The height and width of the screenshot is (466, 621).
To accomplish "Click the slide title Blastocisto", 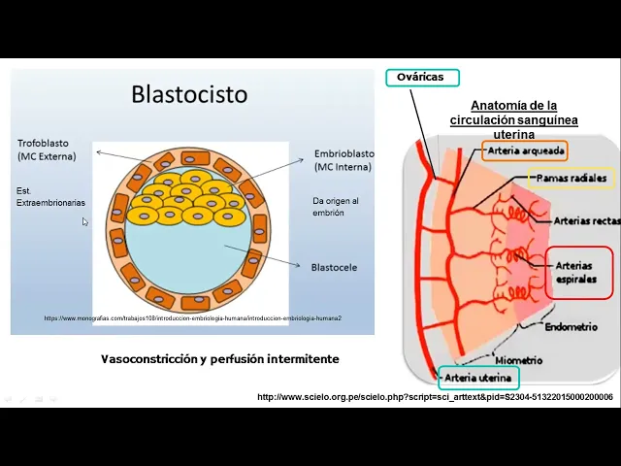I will tap(189, 94).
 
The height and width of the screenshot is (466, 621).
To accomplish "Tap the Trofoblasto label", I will tap(45, 150).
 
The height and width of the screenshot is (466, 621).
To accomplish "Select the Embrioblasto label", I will tap(344, 159).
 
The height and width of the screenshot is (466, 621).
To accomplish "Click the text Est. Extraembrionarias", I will tap(50, 196).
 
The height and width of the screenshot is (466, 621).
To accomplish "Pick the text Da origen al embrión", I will tap(336, 206).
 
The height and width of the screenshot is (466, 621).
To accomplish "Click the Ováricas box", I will tap(422, 78).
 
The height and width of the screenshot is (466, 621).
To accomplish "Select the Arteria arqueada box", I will tap(523, 150).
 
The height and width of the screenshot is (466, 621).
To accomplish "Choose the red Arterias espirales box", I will tap(579, 272).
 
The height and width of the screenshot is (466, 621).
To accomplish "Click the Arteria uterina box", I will tap(478, 379).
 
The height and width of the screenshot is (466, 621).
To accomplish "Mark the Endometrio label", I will tap(571, 327).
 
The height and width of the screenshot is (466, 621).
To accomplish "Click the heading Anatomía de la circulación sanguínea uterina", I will tap(513, 119).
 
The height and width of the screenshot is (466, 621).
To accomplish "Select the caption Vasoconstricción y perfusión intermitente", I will tap(220, 359).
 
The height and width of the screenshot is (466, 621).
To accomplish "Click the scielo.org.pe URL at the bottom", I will tap(435, 397).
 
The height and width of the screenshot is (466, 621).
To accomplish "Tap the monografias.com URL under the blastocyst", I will tap(193, 318).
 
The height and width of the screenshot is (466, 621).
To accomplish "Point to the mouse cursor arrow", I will tap(84, 221).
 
